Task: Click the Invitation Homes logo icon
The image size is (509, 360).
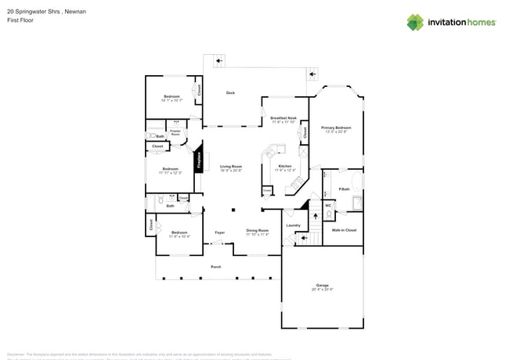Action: (415, 22)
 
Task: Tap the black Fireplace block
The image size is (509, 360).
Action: (199, 160)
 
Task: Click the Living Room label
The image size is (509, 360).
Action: (230, 166)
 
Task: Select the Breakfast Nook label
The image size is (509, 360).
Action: (283, 118)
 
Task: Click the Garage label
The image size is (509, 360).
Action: (322, 285)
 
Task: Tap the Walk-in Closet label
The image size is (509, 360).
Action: (344, 230)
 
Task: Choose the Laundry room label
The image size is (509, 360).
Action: (294, 225)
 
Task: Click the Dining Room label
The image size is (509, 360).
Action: (257, 230)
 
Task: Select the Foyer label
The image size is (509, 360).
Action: (220, 232)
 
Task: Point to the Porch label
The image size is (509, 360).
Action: (216, 267)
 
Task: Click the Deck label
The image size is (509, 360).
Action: (230, 93)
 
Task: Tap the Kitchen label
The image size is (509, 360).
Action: (285, 166)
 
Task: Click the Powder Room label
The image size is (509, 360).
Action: (175, 133)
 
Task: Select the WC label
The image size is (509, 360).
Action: (328, 205)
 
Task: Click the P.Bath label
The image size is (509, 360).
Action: (343, 189)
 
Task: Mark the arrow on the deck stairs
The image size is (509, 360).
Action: (312, 74)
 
